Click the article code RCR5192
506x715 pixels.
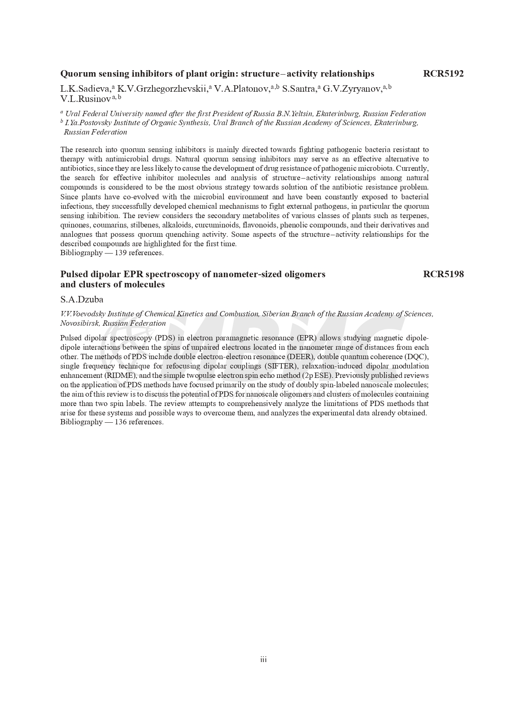[x=443, y=74]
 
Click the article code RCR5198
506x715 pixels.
[x=443, y=274]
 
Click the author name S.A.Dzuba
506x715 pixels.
[x=82, y=300]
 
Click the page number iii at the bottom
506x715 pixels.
[x=263, y=660]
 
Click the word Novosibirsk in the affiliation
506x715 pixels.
[x=79, y=324]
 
